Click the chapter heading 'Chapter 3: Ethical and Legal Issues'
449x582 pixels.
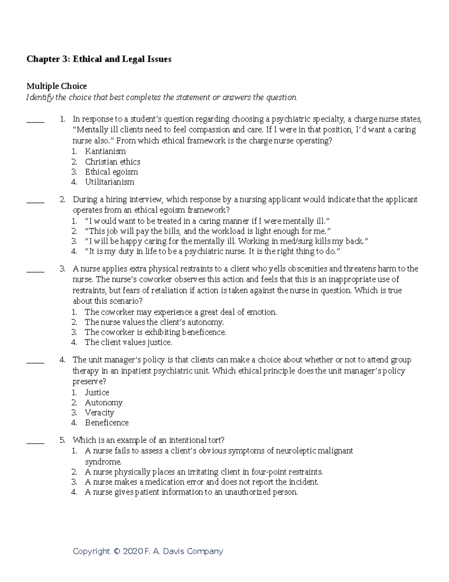tap(99, 59)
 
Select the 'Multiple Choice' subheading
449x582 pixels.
tap(56, 86)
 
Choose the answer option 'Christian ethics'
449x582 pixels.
tap(113, 162)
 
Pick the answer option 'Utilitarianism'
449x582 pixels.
tap(109, 182)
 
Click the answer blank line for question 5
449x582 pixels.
tap(35, 443)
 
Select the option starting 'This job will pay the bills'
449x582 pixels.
tap(208, 231)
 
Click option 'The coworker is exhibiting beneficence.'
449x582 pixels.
tap(155, 332)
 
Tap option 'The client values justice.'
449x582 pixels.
tap(128, 342)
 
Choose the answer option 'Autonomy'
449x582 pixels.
tap(104, 402)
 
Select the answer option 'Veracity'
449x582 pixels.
tap(99, 413)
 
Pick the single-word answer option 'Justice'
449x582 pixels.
tap(97, 392)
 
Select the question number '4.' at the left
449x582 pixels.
tap(62, 360)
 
